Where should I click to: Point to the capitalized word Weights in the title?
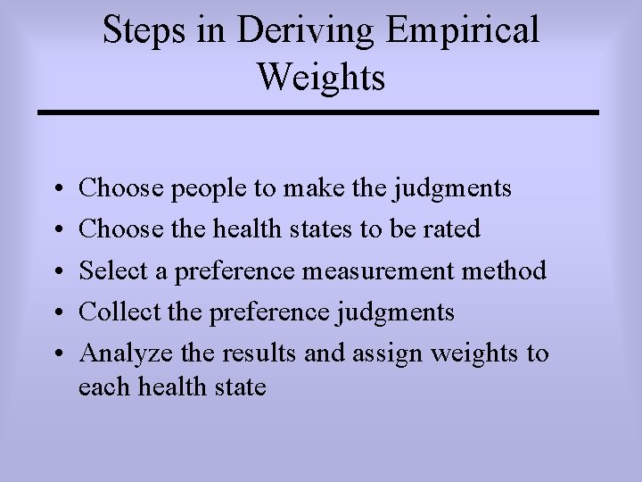pyautogui.click(x=321, y=77)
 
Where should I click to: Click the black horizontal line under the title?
pyautogui.click(x=318, y=112)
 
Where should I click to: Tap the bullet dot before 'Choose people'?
pyautogui.click(x=56, y=189)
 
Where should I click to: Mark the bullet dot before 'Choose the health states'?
pyautogui.click(x=56, y=230)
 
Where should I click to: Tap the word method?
pyautogui.click(x=511, y=270)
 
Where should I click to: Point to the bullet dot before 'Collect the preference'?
pyautogui.click(x=56, y=312)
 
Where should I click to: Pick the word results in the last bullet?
pyautogui.click(x=257, y=353)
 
